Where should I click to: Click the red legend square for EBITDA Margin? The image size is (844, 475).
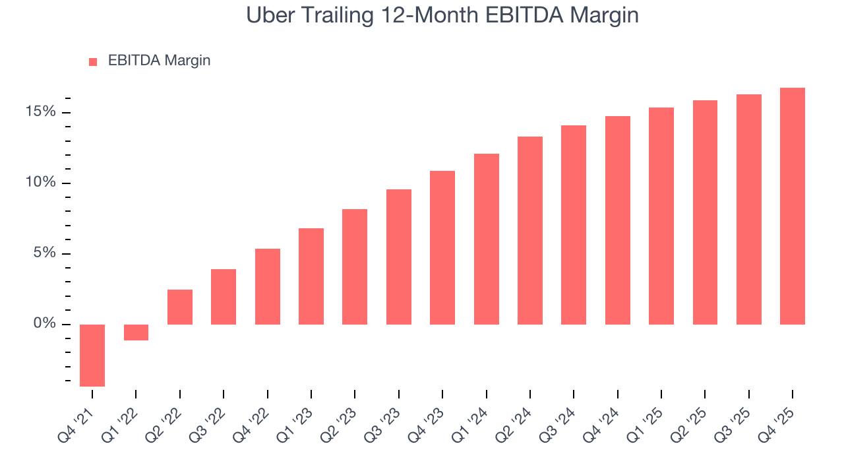[x=93, y=61]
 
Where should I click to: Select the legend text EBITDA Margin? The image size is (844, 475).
[x=159, y=61]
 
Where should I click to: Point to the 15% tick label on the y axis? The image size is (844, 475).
[x=41, y=112]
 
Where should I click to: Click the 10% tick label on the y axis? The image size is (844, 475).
[x=41, y=183]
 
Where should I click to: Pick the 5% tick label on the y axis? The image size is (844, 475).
[x=45, y=253]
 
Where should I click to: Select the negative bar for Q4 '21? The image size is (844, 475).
[x=92, y=355]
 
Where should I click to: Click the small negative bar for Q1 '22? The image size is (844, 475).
[x=136, y=332]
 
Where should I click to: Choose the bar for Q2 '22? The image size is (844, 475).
[x=180, y=307]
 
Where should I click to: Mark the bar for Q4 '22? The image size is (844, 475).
[x=268, y=286]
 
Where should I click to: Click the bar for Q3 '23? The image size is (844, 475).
[x=399, y=257]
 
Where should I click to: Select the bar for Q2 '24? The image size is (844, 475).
[x=530, y=230]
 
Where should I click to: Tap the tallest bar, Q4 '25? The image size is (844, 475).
[x=793, y=206]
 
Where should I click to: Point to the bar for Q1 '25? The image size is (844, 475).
[x=661, y=216]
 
